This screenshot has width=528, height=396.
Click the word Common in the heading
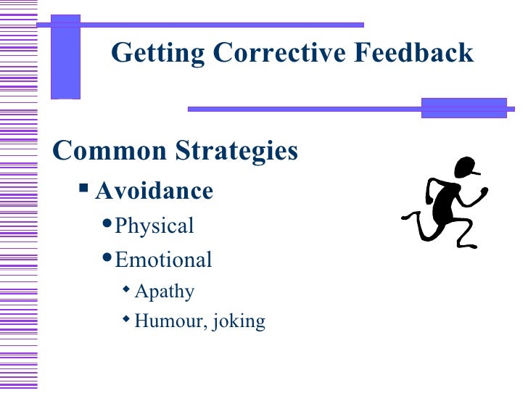pyautogui.click(x=109, y=151)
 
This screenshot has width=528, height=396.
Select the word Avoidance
pyautogui.click(x=154, y=191)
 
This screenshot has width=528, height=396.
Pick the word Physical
pyautogui.click(x=154, y=226)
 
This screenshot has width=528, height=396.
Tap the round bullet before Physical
pyautogui.click(x=107, y=224)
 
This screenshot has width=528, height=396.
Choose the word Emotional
pyautogui.click(x=163, y=259)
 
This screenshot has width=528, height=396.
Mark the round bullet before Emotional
pyautogui.click(x=107, y=257)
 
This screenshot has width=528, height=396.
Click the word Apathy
pyautogui.click(x=165, y=292)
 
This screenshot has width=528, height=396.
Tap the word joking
pyautogui.click(x=239, y=321)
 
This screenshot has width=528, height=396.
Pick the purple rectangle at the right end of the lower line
pyautogui.click(x=463, y=108)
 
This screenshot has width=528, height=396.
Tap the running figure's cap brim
pyautogui.click(x=476, y=174)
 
